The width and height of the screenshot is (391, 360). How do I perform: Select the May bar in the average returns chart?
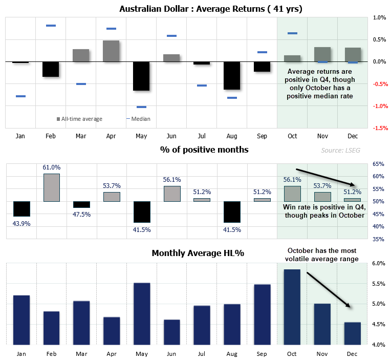pos(141,76)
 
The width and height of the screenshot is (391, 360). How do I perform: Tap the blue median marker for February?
pos(51,25)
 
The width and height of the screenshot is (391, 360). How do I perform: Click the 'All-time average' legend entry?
pos(79,119)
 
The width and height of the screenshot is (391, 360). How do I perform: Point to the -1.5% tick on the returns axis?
pos(379,129)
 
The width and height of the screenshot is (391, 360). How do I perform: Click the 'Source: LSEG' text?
pos(339,150)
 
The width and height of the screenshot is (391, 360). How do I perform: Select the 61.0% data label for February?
pos(51,167)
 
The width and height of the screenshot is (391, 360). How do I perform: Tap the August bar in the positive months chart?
pos(232,211)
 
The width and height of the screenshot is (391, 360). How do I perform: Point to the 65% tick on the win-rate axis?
pos(378,164)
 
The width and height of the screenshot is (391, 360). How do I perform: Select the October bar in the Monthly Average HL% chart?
pos(292,307)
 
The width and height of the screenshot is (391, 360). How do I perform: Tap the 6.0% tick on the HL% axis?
pos(378,264)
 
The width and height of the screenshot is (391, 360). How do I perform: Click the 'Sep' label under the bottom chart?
pos(262,354)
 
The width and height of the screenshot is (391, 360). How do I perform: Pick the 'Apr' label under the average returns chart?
pos(111,136)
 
